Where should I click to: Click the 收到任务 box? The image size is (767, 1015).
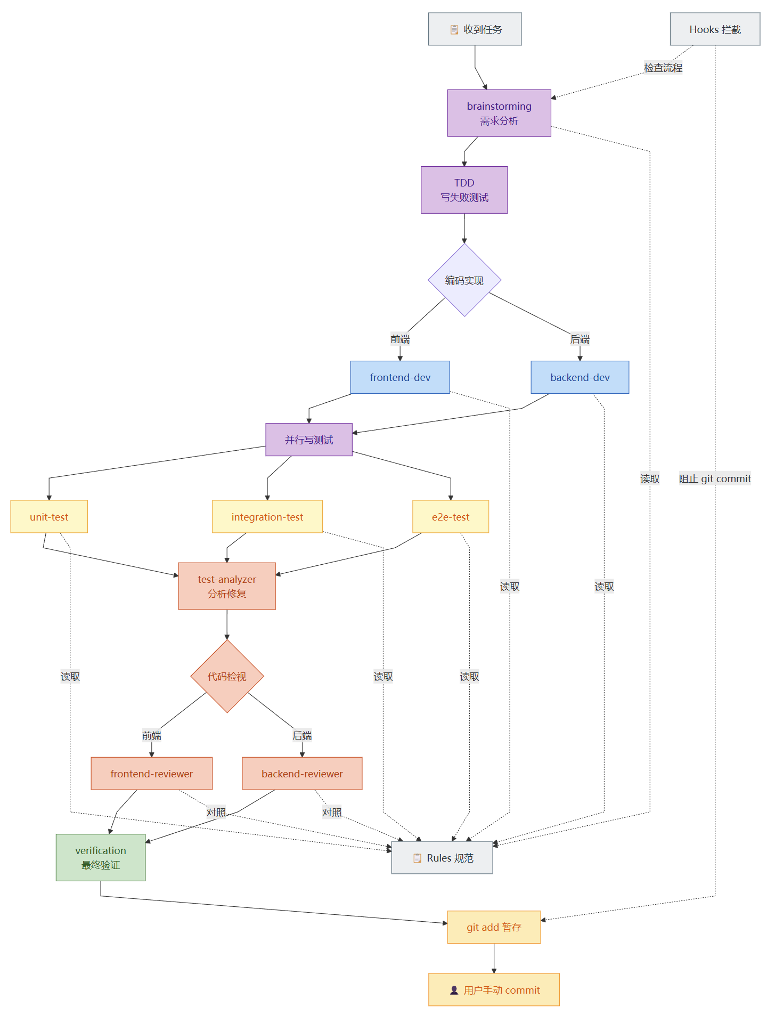pos(475,29)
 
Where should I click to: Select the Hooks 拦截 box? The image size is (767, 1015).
pos(715,29)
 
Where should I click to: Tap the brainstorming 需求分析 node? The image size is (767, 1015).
pos(499,113)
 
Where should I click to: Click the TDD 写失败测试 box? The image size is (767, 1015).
pos(464,190)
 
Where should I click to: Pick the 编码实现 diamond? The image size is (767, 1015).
pos(464,280)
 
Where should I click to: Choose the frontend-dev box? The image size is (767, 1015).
pos(400,377)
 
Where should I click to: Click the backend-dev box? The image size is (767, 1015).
pos(580,377)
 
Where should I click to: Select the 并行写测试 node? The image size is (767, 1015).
pos(309,440)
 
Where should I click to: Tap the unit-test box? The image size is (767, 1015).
pos(49,517)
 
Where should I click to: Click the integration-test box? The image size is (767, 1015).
pos(267,517)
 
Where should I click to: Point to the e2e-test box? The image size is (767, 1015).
pos(451,517)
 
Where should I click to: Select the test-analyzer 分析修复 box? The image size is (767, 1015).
pos(227,586)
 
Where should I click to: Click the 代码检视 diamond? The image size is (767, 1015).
pos(227,676)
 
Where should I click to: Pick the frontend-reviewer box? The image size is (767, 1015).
pos(152,774)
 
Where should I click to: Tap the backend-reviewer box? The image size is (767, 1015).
pos(302,774)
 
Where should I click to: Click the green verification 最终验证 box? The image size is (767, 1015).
pos(101,857)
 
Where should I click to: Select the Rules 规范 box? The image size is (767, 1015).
pos(442,858)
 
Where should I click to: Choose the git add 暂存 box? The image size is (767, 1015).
pos(494,927)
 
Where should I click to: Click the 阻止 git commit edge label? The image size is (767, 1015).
pos(715,478)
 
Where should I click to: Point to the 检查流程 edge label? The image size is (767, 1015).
pos(663,68)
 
